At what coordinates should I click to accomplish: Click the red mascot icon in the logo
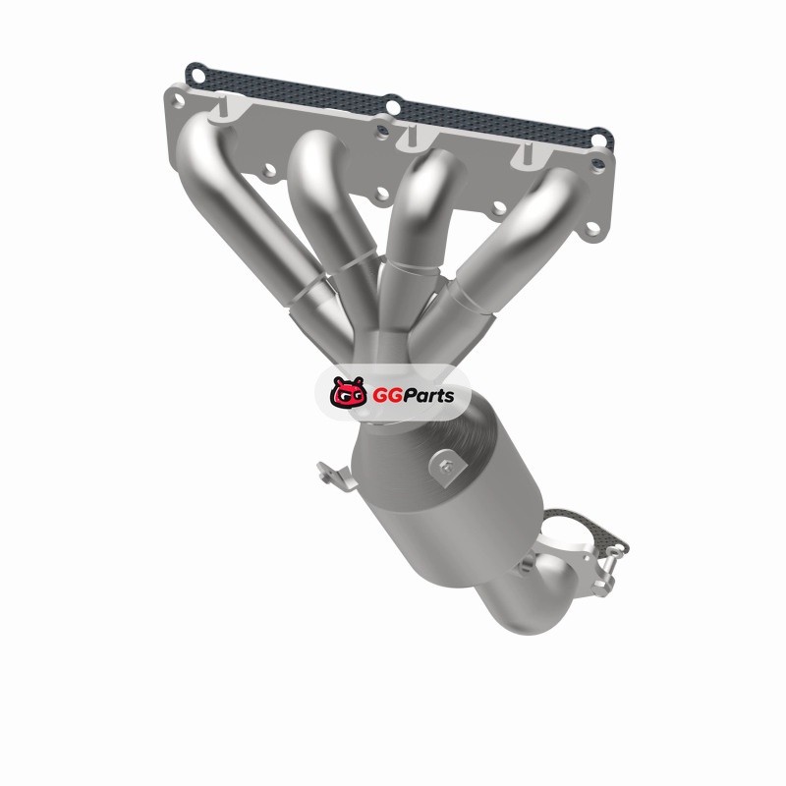coord(348,392)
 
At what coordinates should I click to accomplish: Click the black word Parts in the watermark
coord(427,396)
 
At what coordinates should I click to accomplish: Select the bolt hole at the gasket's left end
coord(197,77)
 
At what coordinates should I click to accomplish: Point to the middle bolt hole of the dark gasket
coord(394,107)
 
